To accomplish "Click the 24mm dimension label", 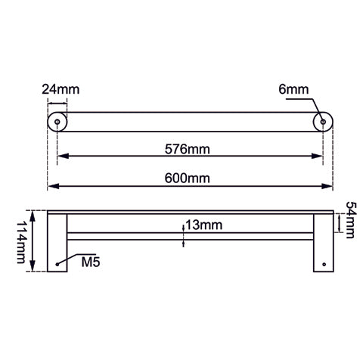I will [x=60, y=89].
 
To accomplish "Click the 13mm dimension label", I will [x=203, y=225].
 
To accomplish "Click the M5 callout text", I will [x=91, y=264].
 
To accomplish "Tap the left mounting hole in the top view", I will [x=57, y=121].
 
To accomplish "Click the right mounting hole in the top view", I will [x=323, y=121].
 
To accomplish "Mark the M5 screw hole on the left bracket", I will [x=57, y=264].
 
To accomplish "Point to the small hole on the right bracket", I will [x=324, y=264].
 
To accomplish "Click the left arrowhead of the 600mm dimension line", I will [x=52, y=186].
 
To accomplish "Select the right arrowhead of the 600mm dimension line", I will [x=328, y=186].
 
